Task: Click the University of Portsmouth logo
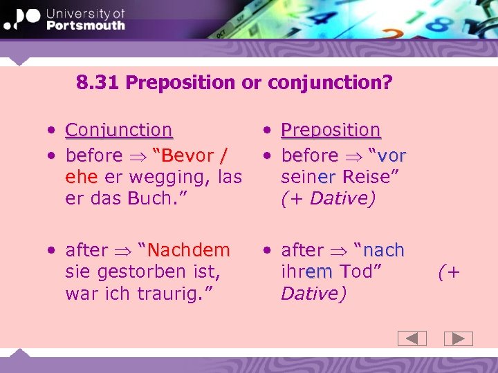pyautogui.click(x=64, y=20)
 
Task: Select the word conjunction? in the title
pyautogui.click(x=330, y=84)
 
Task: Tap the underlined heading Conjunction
pyautogui.click(x=118, y=130)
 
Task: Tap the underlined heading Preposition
pyautogui.click(x=331, y=130)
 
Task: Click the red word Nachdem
pyautogui.click(x=188, y=250)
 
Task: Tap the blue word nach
pyautogui.click(x=384, y=250)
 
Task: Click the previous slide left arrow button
pyautogui.click(x=412, y=338)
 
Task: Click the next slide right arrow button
pyautogui.click(x=458, y=338)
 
